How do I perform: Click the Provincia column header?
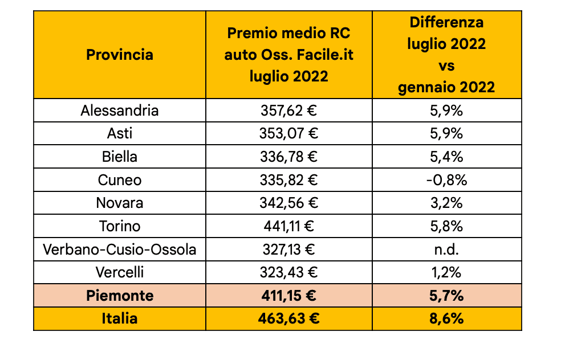point(120,55)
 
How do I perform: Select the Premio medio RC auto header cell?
point(288,55)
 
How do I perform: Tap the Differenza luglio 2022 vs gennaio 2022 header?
point(446,55)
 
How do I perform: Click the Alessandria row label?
point(120,110)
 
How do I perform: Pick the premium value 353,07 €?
point(288,133)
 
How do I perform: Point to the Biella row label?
point(120,157)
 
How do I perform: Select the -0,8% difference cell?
point(446,180)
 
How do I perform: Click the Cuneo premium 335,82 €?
point(288,180)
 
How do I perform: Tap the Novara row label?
point(120,203)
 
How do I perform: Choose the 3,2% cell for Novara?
point(446,203)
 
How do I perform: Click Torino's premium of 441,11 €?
point(288,226)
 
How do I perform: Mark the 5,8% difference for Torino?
point(446,226)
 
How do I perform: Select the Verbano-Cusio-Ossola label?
point(120,249)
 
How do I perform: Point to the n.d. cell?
point(446,249)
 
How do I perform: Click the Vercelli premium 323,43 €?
point(288,272)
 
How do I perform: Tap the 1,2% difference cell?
point(446,272)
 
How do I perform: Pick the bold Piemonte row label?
point(120,296)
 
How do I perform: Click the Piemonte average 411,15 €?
point(288,296)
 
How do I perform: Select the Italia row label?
point(120,318)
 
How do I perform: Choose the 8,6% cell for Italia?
point(446,318)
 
